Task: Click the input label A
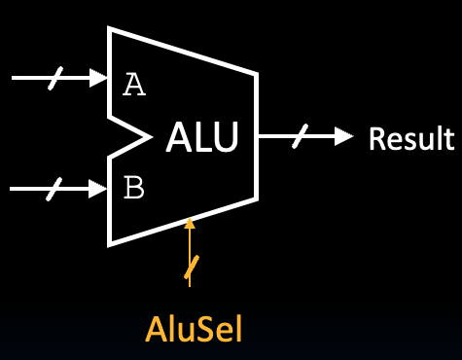(x=134, y=86)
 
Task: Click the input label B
(x=134, y=187)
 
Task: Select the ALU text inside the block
(x=200, y=138)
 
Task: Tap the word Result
(x=410, y=138)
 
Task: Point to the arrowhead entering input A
(x=98, y=76)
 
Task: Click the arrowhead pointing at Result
(x=342, y=137)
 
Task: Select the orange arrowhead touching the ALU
(x=190, y=224)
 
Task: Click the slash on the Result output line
(x=298, y=137)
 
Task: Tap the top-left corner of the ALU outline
(x=110, y=30)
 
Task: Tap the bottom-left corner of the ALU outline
(x=110, y=243)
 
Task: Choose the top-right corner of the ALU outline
(x=258, y=73)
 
